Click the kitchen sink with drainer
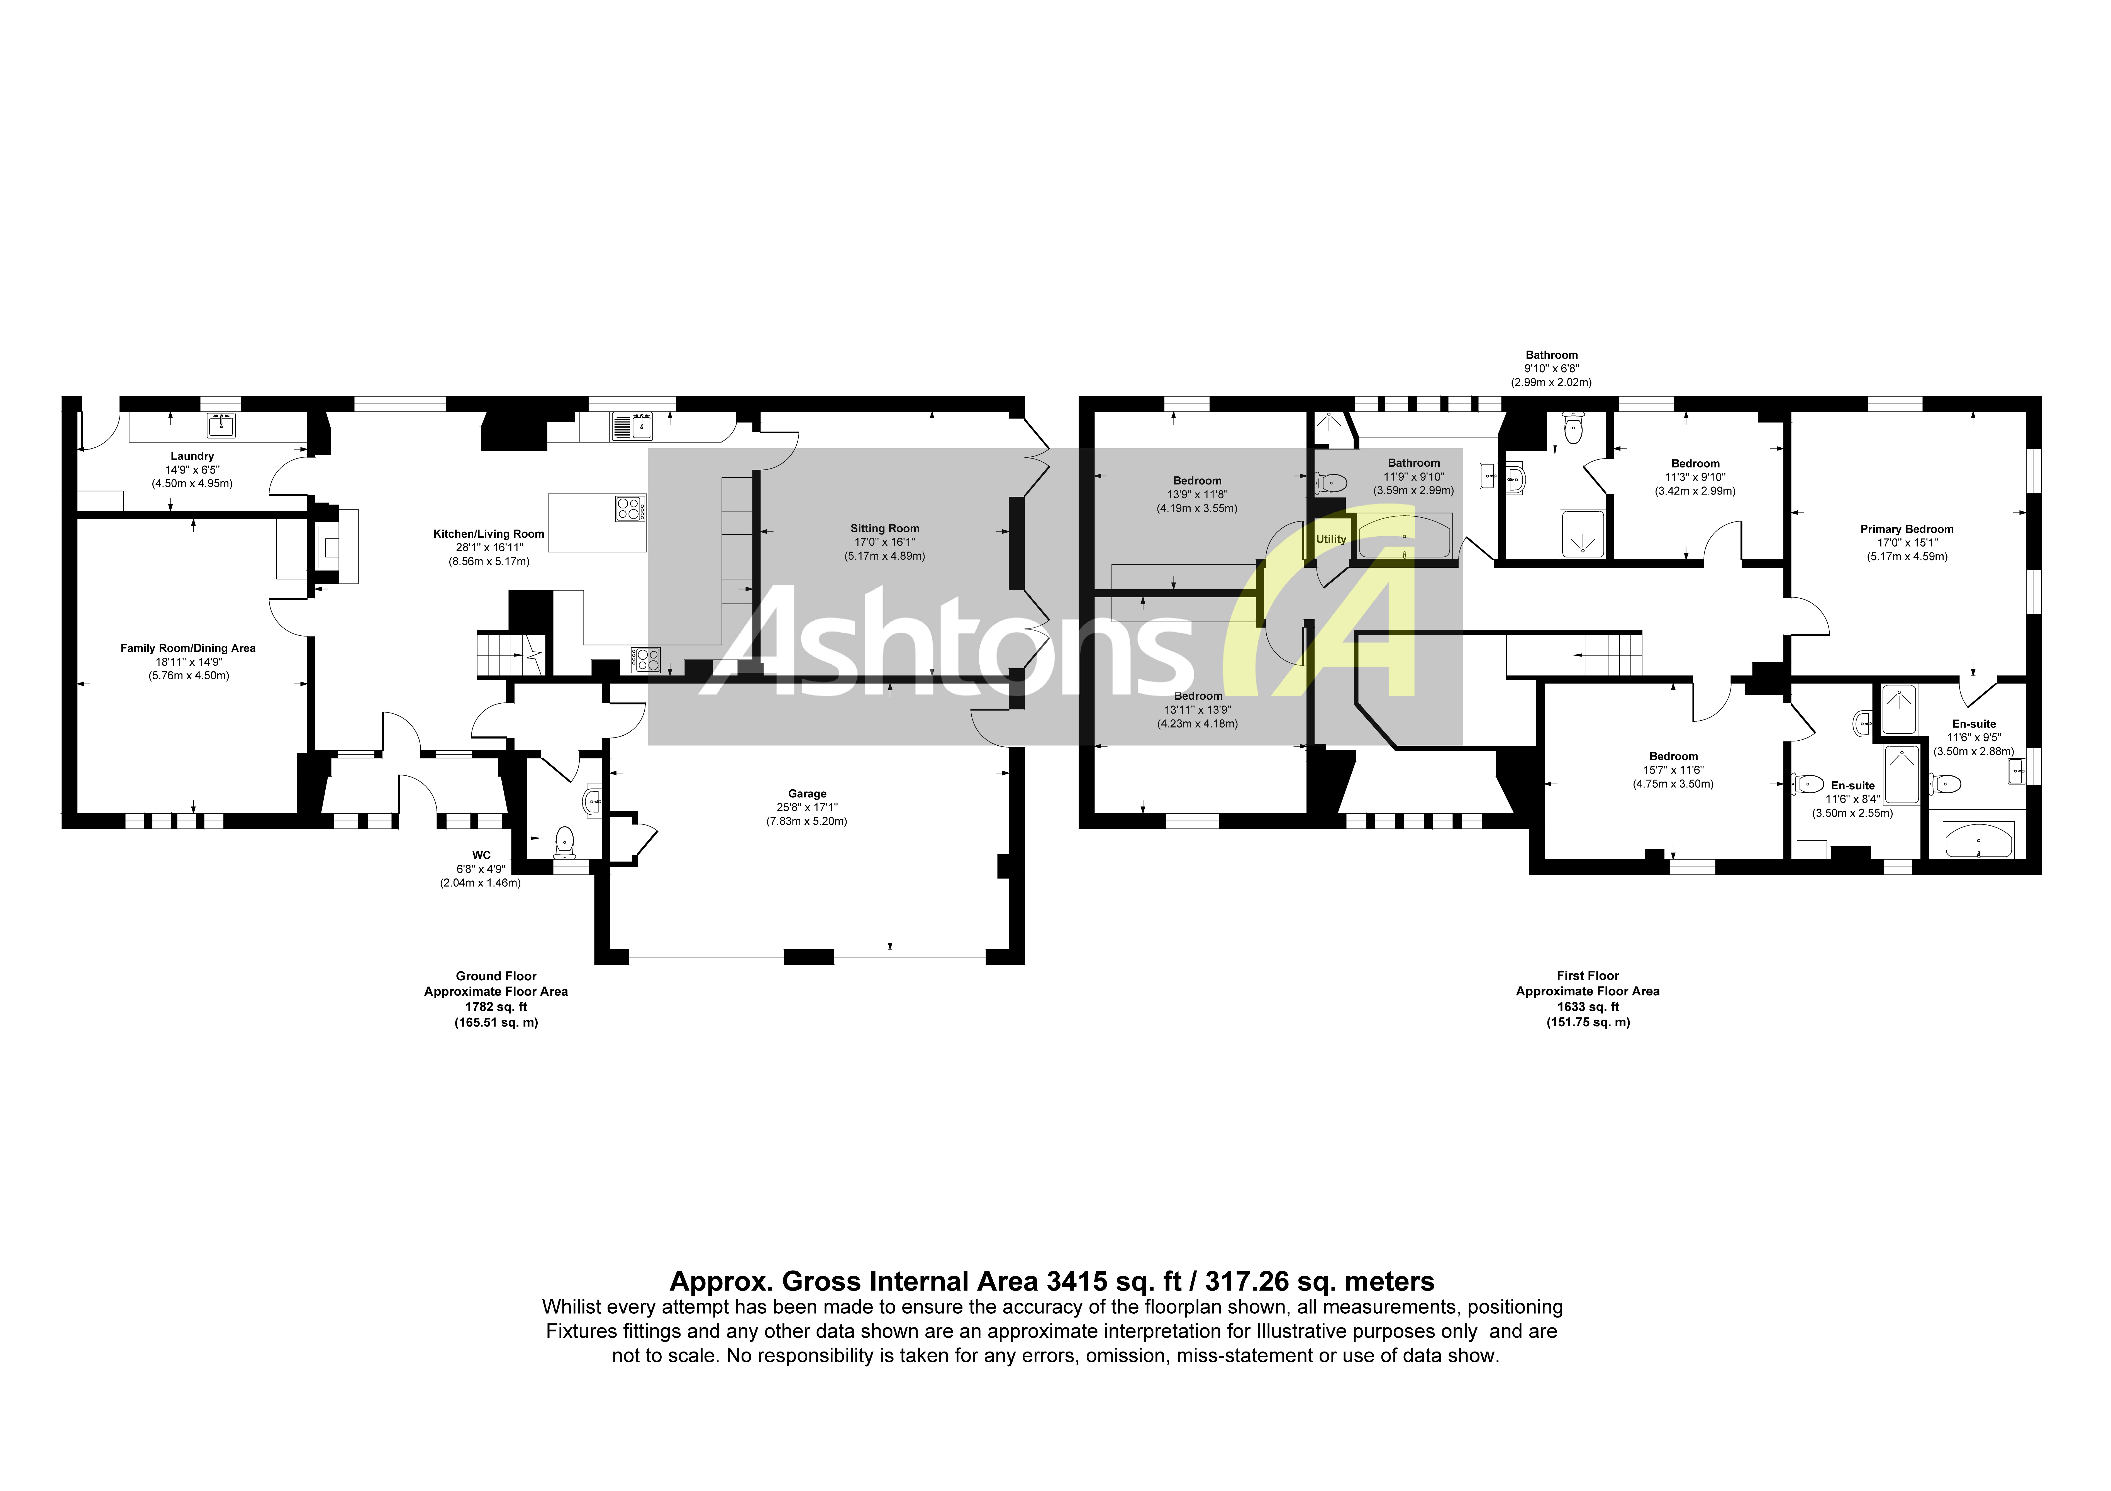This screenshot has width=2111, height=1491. coord(631,427)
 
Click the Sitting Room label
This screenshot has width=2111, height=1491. coord(884,528)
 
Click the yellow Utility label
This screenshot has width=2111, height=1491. coord(1330,540)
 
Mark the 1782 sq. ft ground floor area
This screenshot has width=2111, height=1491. coord(496,1007)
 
